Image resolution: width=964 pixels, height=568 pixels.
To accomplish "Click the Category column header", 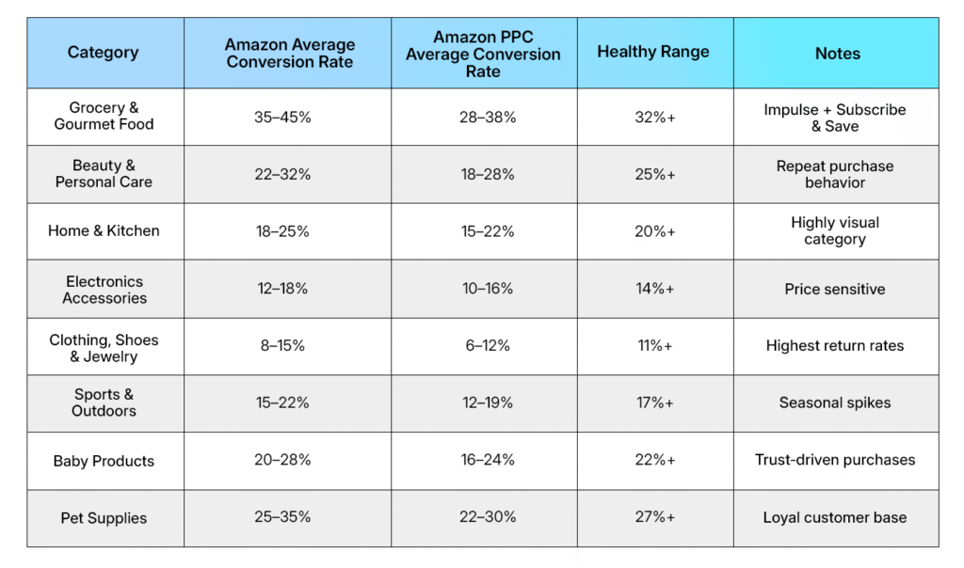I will pos(104,53).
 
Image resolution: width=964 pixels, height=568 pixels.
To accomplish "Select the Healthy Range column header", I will pos(653,53).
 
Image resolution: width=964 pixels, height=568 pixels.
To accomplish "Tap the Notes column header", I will pos(837,54).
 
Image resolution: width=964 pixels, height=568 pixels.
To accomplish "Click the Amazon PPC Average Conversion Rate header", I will pos(483,54).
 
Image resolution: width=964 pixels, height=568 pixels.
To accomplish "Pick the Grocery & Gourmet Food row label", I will pos(104,116).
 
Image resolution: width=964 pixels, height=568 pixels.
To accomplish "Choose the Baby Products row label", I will pos(104,461).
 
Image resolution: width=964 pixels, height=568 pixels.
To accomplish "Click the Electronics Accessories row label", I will pos(104,290).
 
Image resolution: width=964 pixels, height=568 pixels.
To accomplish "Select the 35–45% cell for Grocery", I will pos(288,117).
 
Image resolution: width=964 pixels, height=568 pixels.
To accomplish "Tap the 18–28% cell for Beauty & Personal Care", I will pos(483,174).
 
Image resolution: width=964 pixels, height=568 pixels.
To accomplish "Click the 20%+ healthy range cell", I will pos(654,231).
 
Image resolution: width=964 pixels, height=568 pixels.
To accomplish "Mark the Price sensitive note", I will pos(835,289).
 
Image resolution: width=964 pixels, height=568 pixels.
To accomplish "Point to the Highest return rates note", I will pos(835,345).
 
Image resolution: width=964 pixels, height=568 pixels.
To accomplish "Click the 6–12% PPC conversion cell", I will pos(483,345).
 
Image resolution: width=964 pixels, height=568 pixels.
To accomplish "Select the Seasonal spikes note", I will pos(835,402).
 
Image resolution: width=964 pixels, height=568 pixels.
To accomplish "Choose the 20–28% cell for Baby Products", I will pos(288,460).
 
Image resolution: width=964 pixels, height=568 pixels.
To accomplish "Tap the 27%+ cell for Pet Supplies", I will pos(654,516).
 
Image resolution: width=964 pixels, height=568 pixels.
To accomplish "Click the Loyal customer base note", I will pos(835,516).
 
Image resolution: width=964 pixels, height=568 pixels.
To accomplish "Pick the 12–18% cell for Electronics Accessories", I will pos(288,289).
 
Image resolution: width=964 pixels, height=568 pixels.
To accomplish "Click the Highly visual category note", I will pos(835,230).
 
